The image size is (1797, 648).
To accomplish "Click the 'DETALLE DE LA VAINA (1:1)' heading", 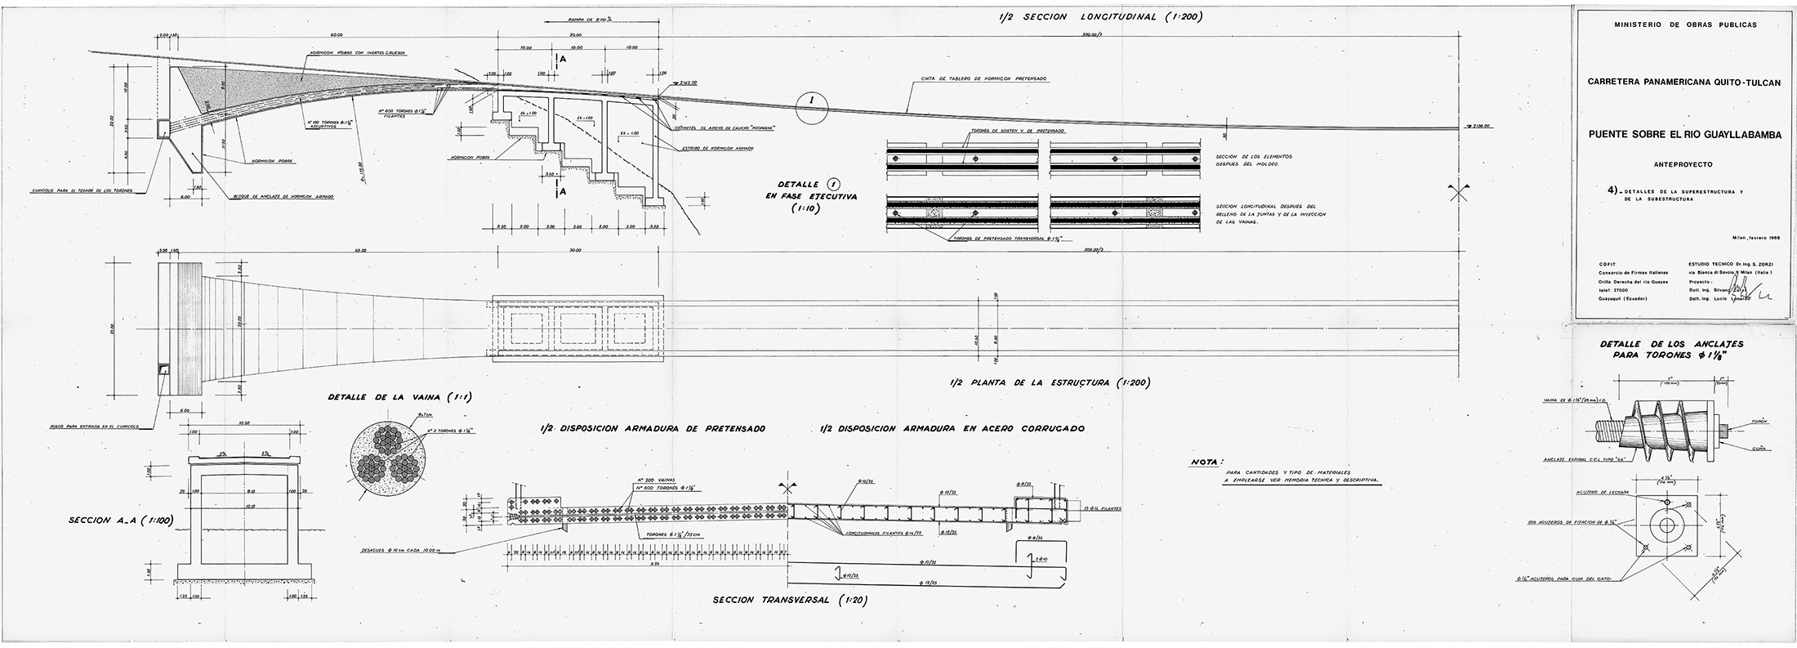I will point(399,397).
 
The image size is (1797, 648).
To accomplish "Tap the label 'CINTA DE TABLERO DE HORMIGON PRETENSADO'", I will point(979,79).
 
